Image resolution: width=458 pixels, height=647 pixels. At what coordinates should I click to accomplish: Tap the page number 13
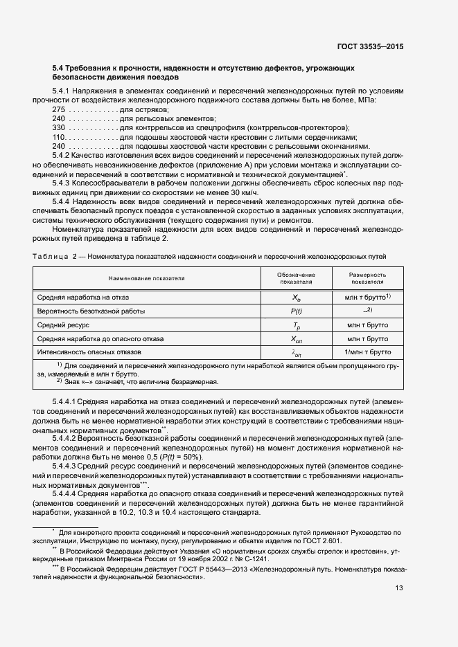pyautogui.click(x=399, y=588)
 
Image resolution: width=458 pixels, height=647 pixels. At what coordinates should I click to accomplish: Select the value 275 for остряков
pyautogui.click(x=59, y=110)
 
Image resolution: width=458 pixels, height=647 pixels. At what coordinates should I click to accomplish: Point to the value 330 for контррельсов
pyautogui.click(x=59, y=128)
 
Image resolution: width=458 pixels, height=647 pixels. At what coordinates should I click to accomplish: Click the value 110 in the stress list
pyautogui.click(x=59, y=137)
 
